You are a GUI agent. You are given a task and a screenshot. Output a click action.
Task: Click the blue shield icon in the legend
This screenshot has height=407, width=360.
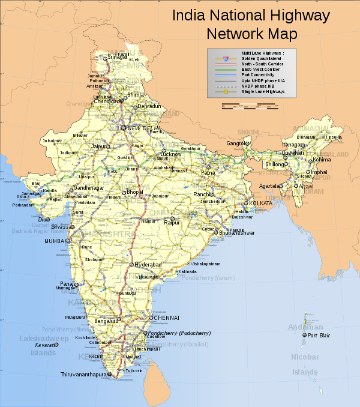pyautogui.click(x=224, y=59)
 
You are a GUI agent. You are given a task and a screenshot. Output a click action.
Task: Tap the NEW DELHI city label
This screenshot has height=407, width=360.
pyautogui.click(x=144, y=128)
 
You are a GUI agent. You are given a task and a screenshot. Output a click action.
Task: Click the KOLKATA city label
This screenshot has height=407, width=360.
pyautogui.click(x=260, y=203)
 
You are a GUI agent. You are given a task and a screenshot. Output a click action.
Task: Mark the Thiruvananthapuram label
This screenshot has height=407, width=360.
pyautogui.click(x=85, y=375)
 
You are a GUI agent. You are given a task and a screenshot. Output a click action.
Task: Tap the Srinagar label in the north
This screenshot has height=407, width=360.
pyautogui.click(x=117, y=58)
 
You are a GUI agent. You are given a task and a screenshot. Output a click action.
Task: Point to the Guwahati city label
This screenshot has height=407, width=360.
pyautogui.click(x=294, y=153)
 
